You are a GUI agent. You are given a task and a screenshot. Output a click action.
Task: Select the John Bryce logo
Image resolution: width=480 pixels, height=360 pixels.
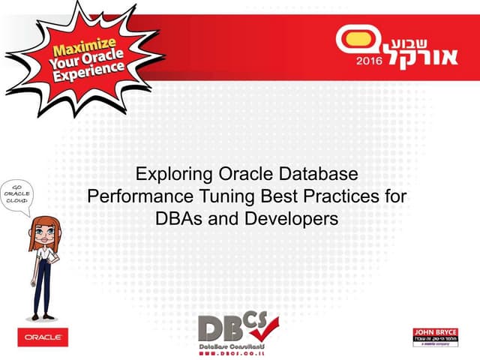click(435, 337)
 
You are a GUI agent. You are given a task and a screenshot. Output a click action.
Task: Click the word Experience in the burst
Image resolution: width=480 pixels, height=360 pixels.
click(94, 72)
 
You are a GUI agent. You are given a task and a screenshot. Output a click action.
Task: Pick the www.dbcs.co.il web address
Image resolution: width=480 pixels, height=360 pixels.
click(234, 352)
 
